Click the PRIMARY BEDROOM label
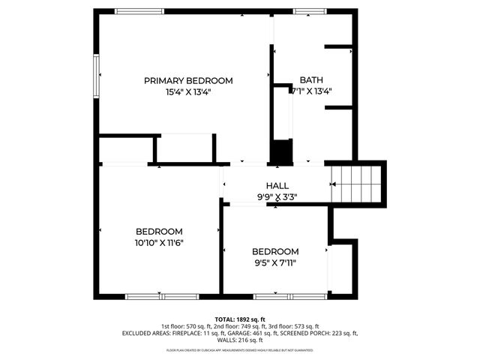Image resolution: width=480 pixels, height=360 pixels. (x=188, y=80)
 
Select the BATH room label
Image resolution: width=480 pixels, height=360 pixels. (x=311, y=80)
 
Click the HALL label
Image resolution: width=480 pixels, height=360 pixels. (x=277, y=186)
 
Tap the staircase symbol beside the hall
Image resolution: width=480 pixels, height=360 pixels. (x=356, y=183)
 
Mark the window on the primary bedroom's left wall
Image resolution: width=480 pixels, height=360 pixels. (x=95, y=76)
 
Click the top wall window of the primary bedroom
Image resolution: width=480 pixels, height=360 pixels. (x=140, y=11)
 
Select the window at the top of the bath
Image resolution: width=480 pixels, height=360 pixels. (x=304, y=11)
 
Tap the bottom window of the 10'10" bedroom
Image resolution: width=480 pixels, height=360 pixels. (x=160, y=297)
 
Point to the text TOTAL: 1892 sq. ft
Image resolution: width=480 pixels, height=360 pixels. (x=239, y=319)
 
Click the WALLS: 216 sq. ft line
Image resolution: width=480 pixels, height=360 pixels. (x=239, y=340)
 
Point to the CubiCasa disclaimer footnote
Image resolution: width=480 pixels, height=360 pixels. (x=239, y=349)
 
